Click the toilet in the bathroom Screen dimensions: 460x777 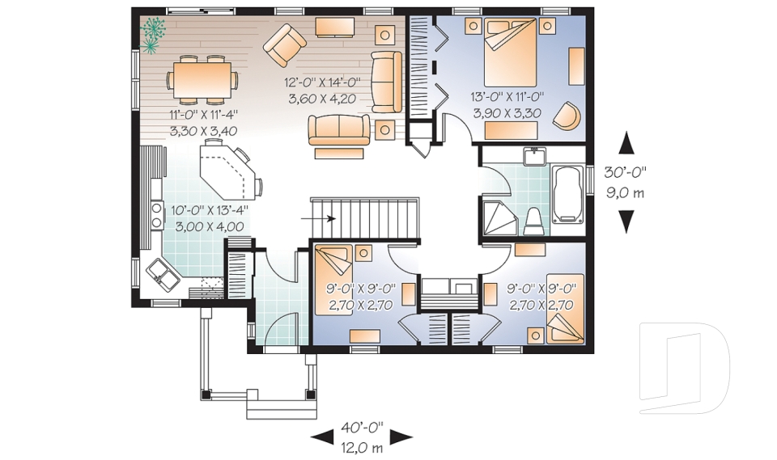click(533, 219)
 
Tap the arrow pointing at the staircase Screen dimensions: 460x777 click(319, 217)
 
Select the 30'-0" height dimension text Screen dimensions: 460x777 click(626, 172)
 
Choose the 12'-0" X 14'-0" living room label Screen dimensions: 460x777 click(322, 83)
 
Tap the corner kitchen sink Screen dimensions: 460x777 click(165, 276)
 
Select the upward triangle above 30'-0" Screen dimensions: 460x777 click(626, 143)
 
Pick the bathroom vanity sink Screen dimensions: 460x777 click(534, 156)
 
